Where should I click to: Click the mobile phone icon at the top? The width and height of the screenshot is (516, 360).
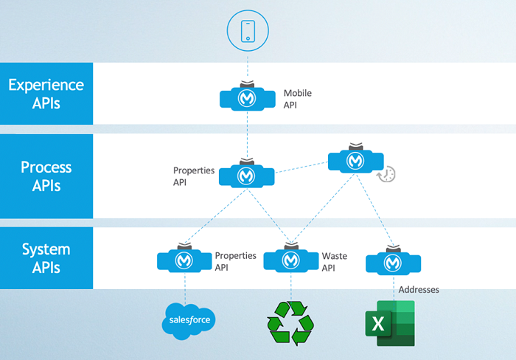point(247,30)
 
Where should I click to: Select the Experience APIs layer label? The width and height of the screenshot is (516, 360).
point(46,94)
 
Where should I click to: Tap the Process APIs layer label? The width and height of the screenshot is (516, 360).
point(46,176)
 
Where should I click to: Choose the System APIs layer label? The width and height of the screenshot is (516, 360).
point(46,258)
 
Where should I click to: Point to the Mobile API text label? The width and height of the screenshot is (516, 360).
point(296,99)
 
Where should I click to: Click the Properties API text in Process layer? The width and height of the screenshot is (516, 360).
point(194,176)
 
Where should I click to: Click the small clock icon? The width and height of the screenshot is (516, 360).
point(386,174)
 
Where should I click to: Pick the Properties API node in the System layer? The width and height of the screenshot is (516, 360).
point(184,260)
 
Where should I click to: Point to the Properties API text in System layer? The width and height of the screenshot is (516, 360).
point(235,261)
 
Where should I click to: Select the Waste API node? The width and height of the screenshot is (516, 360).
point(290,260)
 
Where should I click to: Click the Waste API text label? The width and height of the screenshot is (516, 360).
point(334,261)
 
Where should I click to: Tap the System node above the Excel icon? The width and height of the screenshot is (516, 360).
point(393,261)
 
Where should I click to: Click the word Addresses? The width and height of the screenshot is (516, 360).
point(418,290)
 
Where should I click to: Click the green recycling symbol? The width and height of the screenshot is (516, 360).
point(290,323)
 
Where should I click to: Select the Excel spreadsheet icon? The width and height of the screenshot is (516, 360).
point(390,323)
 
